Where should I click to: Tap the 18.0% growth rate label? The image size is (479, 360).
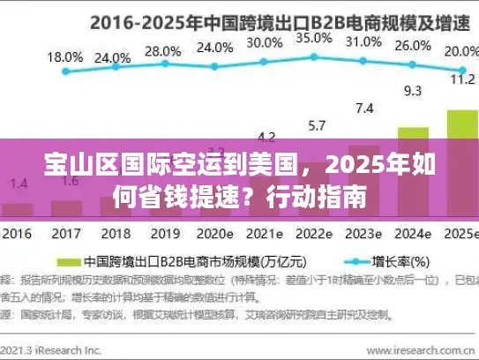[x=64, y=56]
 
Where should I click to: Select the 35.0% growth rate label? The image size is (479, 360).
[x=313, y=38]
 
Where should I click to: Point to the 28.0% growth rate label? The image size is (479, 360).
[x=162, y=50]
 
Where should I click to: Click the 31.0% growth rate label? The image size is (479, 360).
[x=363, y=41]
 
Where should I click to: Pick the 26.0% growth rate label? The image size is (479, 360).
[x=412, y=46]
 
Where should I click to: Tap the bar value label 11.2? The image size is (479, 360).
[x=461, y=78]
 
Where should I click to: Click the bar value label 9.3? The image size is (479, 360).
[x=412, y=89]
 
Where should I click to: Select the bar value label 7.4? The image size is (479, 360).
[x=363, y=108]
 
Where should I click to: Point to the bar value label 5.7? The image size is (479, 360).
[x=315, y=124]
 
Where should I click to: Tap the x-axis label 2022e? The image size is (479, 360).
[x=314, y=235]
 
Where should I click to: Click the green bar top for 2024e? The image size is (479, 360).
[x=412, y=129]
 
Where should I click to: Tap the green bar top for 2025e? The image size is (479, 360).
[x=461, y=112]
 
